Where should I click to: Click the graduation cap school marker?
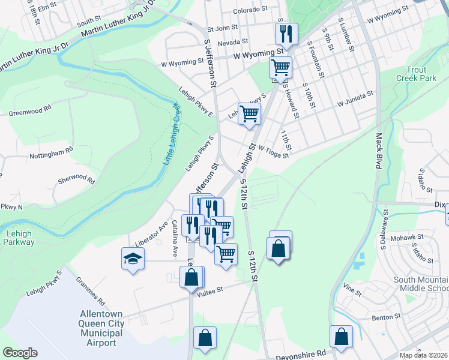click(133, 258)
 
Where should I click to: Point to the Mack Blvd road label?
click(379, 151)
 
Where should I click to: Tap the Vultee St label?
click(209, 289)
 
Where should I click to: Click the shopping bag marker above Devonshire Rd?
click(341, 337)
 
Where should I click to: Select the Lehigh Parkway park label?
click(20, 238)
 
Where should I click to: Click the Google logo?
click(20, 353)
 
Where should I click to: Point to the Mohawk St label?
click(408, 238)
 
